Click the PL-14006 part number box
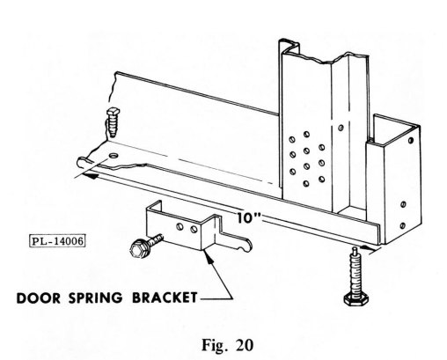click(58, 241)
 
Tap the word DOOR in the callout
click(39, 298)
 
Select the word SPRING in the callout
click(96, 298)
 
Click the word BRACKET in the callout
click(165, 298)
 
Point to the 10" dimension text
click(249, 217)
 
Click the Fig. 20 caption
click(227, 345)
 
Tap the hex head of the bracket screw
click(138, 250)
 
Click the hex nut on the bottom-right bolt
click(356, 299)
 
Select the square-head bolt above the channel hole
click(114, 121)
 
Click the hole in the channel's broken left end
click(113, 155)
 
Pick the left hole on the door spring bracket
click(180, 227)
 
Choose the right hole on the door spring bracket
click(194, 229)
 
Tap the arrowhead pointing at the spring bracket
click(209, 256)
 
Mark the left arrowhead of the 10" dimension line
click(90, 176)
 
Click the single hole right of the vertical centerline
click(341, 128)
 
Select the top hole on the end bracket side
click(411, 141)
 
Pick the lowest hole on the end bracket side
click(403, 225)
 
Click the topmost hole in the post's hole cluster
click(306, 134)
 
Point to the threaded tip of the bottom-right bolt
click(355, 250)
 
